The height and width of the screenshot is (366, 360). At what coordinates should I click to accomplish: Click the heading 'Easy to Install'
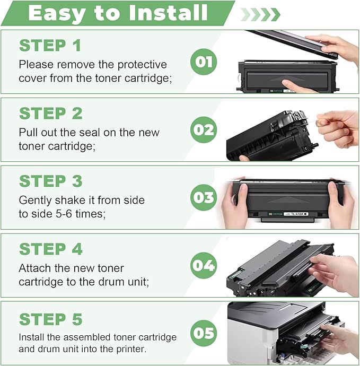118,13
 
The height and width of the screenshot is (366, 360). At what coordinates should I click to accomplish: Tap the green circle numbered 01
203,62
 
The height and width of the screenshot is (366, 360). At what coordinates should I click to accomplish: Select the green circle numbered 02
203,130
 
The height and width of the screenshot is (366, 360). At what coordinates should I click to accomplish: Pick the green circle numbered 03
203,198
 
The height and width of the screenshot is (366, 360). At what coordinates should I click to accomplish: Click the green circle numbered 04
203,265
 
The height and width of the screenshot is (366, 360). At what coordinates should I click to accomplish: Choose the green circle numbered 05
203,333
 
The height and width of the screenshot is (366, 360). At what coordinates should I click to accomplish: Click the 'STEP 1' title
50,46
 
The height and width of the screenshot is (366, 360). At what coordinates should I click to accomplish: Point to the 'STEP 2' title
51,114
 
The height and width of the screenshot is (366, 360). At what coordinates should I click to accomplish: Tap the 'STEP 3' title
51,181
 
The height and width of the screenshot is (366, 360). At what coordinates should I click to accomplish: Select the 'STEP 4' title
51,249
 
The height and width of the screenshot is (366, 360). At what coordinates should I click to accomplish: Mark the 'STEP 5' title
51,319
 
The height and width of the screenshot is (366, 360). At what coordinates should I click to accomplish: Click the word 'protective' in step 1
141,65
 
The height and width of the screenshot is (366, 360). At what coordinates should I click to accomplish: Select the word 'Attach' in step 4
35,268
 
